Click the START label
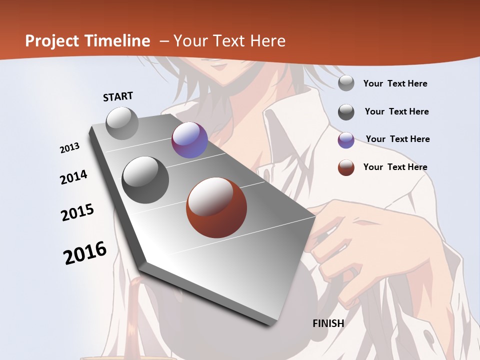click(118, 96)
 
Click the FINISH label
click(328, 323)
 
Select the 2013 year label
click(69, 148)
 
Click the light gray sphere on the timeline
click(122, 123)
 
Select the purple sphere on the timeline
click(189, 140)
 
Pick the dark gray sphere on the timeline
click(145, 179)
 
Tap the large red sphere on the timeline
click(216, 207)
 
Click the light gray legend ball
click(346, 83)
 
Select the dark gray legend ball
click(346, 111)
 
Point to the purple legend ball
click(346, 139)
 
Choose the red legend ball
click(346, 167)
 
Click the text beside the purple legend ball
click(397, 139)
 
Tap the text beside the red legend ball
click(395, 167)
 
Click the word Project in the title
click(52, 41)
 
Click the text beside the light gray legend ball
click(395, 83)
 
